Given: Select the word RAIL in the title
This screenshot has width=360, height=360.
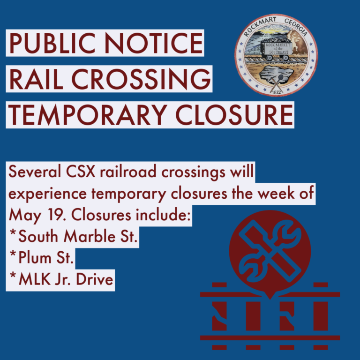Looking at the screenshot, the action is [36, 79].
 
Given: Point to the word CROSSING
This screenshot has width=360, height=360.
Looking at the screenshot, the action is [141, 79].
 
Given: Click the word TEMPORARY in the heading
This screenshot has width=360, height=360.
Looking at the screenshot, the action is [88, 115].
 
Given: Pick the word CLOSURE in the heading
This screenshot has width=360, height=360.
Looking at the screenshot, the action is [234, 115].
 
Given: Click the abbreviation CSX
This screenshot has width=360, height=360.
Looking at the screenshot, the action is [81, 171].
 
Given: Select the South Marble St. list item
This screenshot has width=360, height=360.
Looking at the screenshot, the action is [74, 236].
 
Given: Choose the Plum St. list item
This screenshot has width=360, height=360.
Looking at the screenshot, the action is [42, 258].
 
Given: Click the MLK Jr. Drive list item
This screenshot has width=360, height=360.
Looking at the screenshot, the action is [61, 279].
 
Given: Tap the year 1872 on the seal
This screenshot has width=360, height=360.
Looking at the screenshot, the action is [276, 92].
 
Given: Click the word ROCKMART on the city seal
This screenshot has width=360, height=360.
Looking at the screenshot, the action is [260, 26].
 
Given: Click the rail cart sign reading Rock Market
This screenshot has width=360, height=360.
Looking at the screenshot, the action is [278, 48].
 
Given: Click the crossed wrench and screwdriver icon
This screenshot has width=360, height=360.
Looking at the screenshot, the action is [270, 251].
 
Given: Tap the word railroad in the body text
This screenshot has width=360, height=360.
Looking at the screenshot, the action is [128, 171].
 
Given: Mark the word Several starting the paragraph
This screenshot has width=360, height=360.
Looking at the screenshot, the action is [35, 171].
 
